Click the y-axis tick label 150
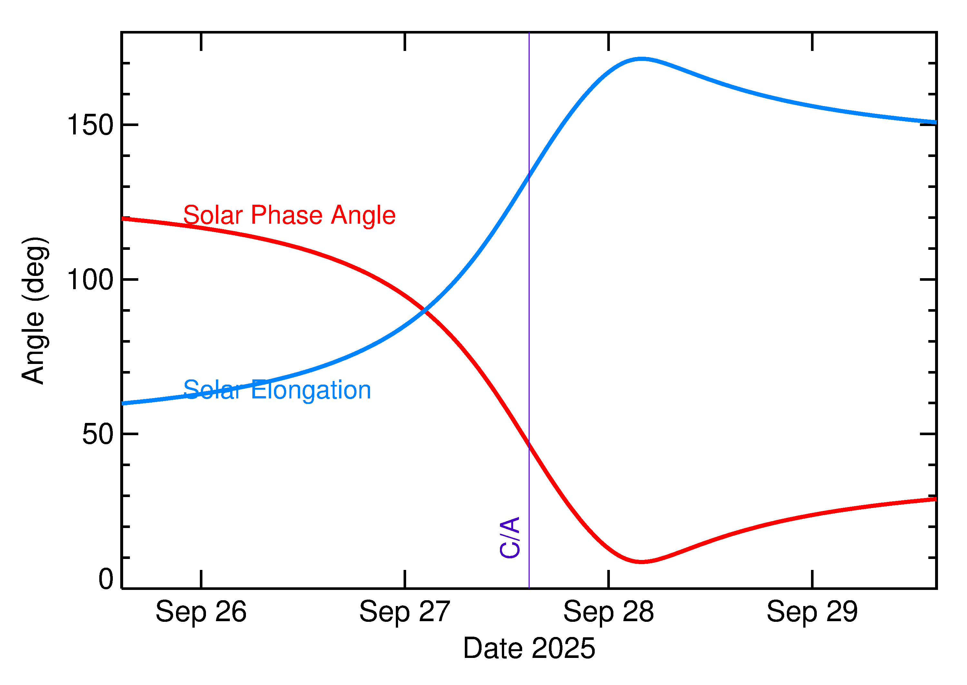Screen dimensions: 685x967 (x=90, y=125)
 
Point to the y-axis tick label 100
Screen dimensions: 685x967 (x=90, y=280)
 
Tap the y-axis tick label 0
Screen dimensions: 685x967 (x=106, y=579)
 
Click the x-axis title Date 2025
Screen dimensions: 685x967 (x=529, y=648)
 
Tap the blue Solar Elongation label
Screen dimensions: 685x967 (x=277, y=390)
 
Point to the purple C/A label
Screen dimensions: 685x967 (x=509, y=537)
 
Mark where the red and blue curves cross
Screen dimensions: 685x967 (x=425, y=311)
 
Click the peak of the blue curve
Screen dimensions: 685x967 (x=641, y=59)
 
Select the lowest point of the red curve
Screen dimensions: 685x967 (x=641, y=562)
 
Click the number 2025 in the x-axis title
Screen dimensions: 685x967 (x=563, y=648)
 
